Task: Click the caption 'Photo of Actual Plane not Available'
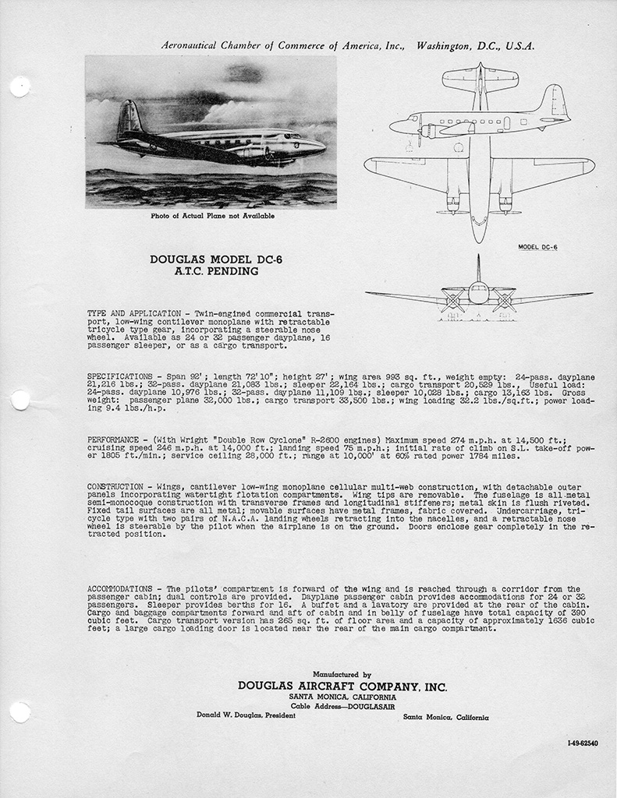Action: point(212,216)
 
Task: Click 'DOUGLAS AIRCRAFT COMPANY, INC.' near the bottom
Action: point(342,687)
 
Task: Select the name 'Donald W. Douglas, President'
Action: point(239,715)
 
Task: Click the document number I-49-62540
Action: point(583,743)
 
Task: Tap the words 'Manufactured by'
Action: point(342,674)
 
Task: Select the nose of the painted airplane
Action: point(320,146)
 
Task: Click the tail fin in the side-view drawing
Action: point(555,101)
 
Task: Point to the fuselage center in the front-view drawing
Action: point(478,294)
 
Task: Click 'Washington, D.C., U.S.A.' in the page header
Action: point(476,46)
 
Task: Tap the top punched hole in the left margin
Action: point(19,86)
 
